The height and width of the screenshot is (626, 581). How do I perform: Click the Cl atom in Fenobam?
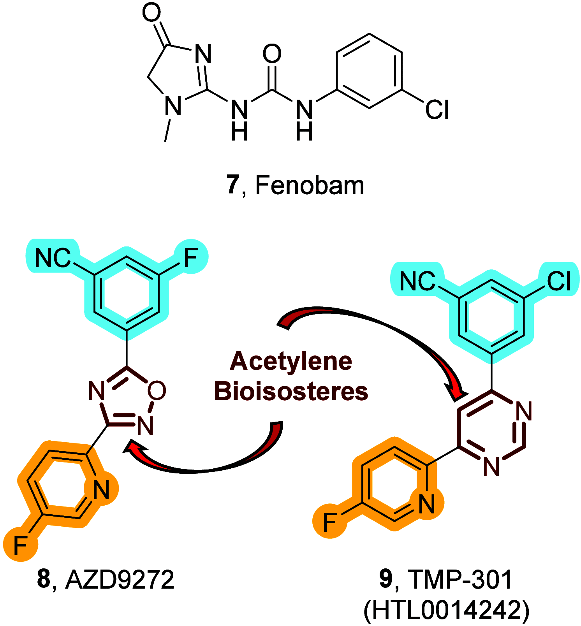(x=437, y=109)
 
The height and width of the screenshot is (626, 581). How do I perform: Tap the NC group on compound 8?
(x=53, y=258)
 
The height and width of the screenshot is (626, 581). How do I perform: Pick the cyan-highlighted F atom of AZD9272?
(x=191, y=257)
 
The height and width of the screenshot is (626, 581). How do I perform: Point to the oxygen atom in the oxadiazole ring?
(x=157, y=390)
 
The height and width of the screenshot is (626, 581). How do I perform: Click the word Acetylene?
(x=291, y=361)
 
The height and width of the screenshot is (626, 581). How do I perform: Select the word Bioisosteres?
(x=291, y=391)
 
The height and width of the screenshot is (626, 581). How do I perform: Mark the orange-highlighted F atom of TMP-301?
(x=330, y=522)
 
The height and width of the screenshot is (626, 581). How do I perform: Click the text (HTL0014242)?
(x=446, y=610)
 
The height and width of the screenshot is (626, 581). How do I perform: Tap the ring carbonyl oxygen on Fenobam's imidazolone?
(x=151, y=12)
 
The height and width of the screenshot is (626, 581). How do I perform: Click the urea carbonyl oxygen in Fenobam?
(x=272, y=53)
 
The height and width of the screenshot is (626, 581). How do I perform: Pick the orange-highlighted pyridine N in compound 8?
(x=101, y=489)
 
